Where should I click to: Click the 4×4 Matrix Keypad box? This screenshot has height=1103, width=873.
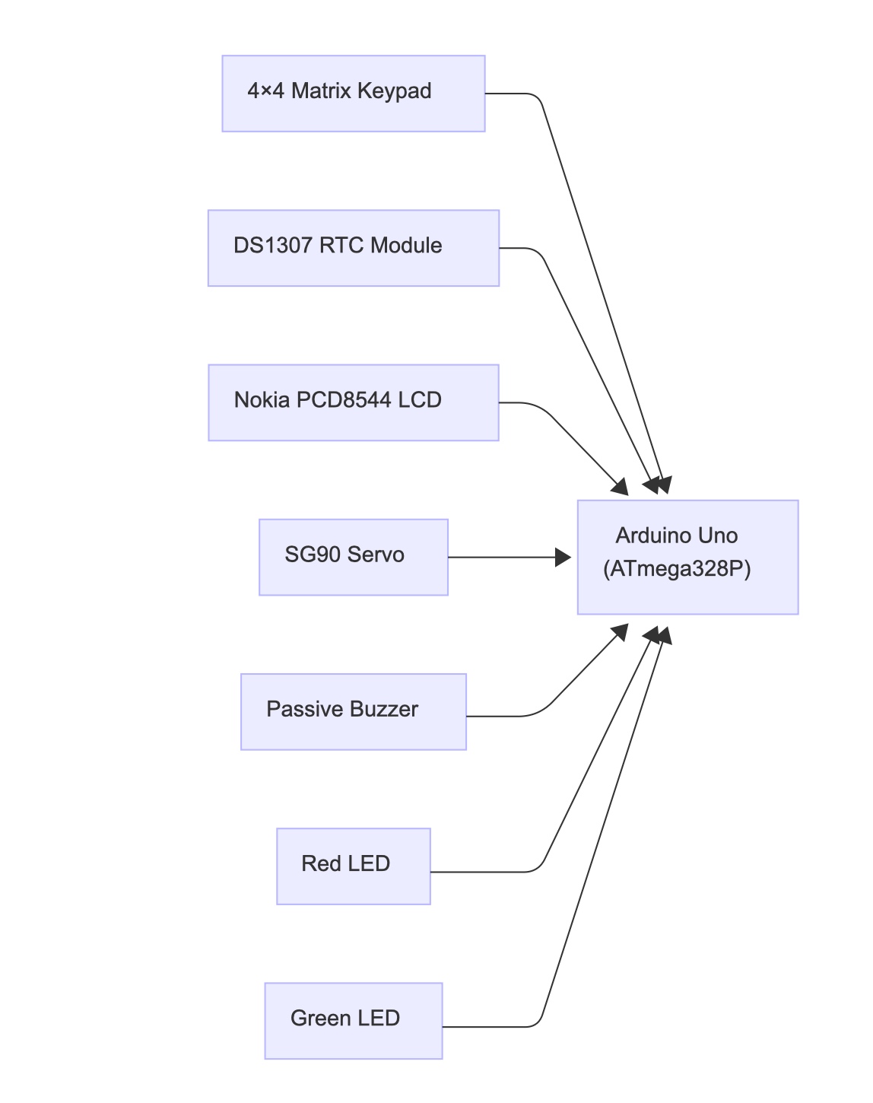point(353,94)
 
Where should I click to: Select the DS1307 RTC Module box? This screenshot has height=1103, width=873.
point(353,248)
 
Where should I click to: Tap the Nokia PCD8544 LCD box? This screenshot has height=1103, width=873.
point(353,402)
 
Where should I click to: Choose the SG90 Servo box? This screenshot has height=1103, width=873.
point(353,557)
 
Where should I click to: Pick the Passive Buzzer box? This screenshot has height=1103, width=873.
point(353,711)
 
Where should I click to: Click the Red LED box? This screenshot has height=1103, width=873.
point(353,866)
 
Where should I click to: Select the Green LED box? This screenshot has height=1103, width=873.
point(353,1020)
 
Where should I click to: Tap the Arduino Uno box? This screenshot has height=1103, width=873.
point(687,557)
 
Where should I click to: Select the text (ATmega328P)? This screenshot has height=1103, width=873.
point(677,569)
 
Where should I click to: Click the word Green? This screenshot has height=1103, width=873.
point(320,1018)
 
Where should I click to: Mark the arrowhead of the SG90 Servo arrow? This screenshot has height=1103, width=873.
point(563,558)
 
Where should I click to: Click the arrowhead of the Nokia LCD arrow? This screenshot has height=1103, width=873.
point(621,487)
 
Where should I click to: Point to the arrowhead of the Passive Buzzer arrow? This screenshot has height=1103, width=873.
point(621,631)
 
